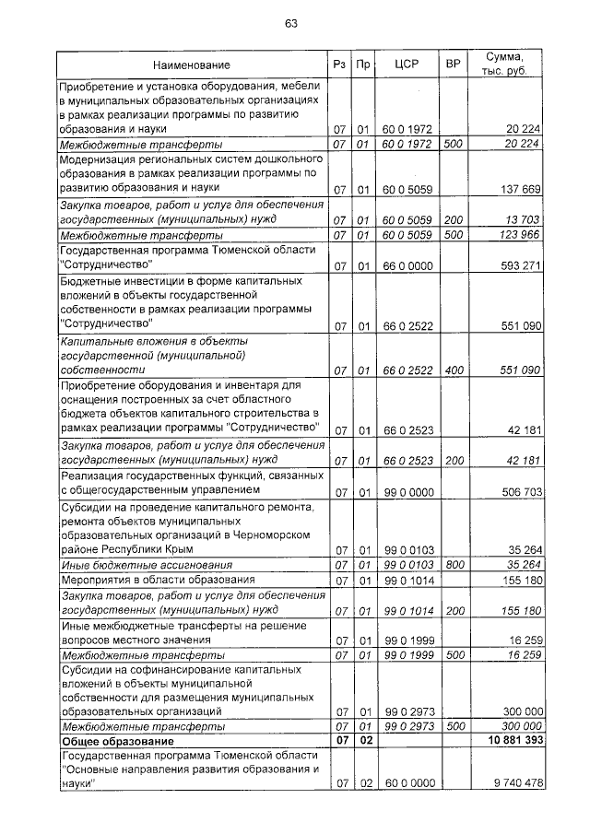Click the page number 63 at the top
coord(291,23)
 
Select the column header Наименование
coord(192,65)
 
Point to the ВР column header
coord(453,65)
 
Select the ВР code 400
coord(453,370)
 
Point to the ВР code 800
coord(453,564)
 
